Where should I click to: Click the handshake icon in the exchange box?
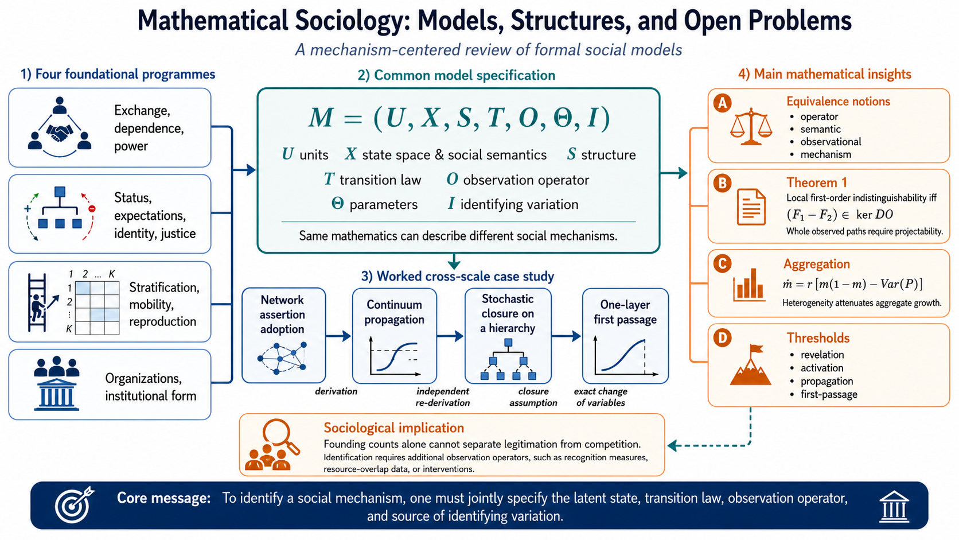59,133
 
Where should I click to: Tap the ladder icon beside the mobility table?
37,303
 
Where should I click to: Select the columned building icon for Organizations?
57,395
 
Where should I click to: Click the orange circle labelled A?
722,103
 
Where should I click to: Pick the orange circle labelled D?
722,338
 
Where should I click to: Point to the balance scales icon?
751,127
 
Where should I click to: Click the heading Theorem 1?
816,183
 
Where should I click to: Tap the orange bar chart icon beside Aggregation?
749,285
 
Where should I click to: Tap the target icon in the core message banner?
73,505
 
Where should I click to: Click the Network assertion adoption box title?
283,314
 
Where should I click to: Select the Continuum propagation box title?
394,312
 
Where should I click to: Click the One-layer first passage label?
625,312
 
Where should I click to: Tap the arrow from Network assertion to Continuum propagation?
338,336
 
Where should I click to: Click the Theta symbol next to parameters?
337,204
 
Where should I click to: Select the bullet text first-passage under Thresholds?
829,394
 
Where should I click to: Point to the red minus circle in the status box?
92,209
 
